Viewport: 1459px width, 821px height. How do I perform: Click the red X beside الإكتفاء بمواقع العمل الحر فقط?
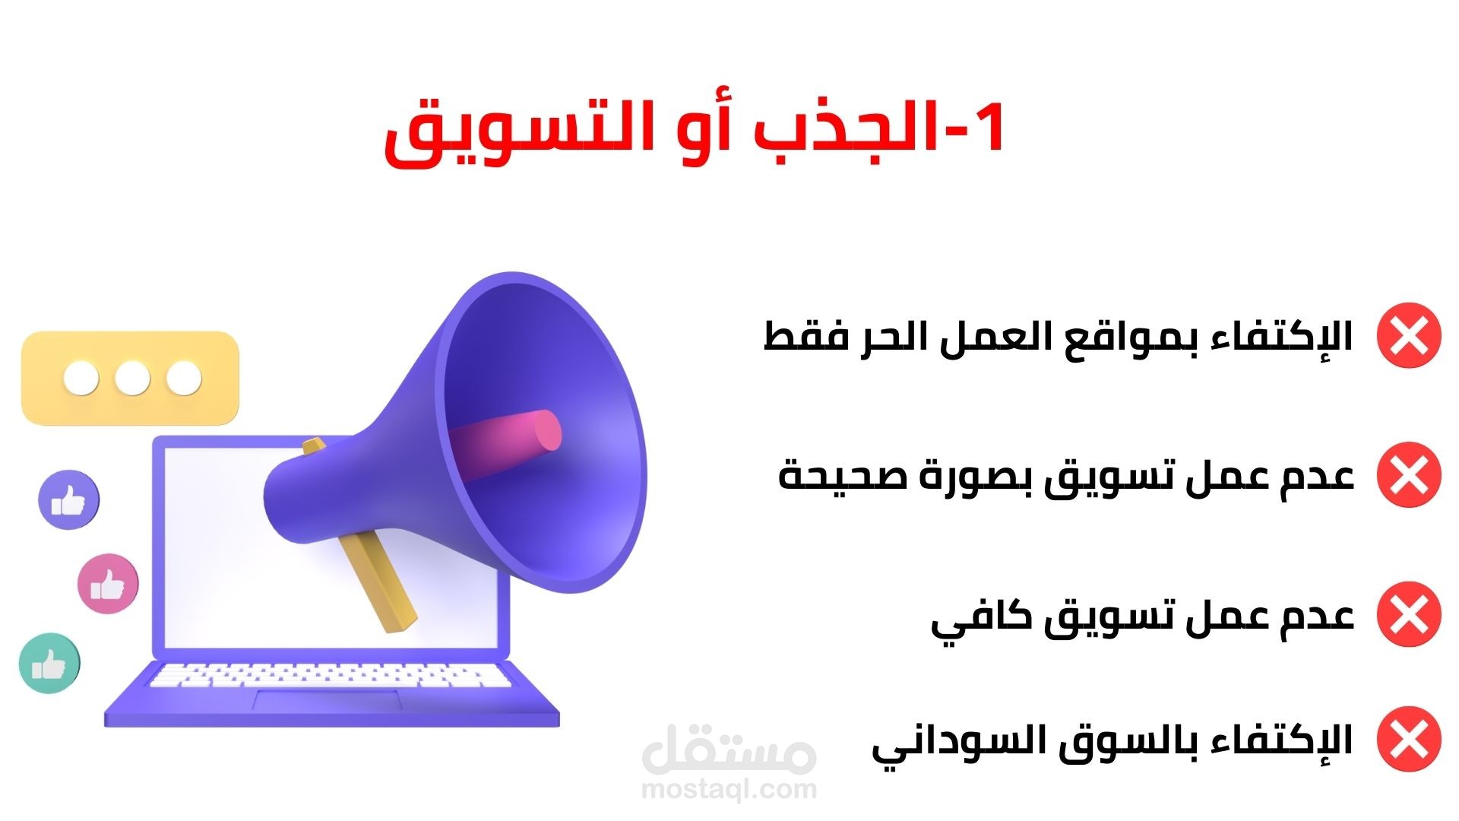coord(1409,335)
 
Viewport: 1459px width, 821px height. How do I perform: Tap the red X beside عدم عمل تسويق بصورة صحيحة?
coord(1409,475)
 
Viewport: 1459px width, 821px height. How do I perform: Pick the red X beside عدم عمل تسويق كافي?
coord(1409,614)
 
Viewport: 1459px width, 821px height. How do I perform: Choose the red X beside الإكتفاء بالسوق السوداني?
coord(1409,739)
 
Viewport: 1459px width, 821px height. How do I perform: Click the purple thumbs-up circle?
coord(68,500)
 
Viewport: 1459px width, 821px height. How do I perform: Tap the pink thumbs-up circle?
coord(109,585)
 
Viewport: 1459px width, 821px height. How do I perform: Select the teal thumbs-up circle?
coord(49,664)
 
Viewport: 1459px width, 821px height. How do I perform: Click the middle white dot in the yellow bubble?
coord(133,378)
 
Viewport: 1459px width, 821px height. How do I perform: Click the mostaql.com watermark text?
coord(729,789)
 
